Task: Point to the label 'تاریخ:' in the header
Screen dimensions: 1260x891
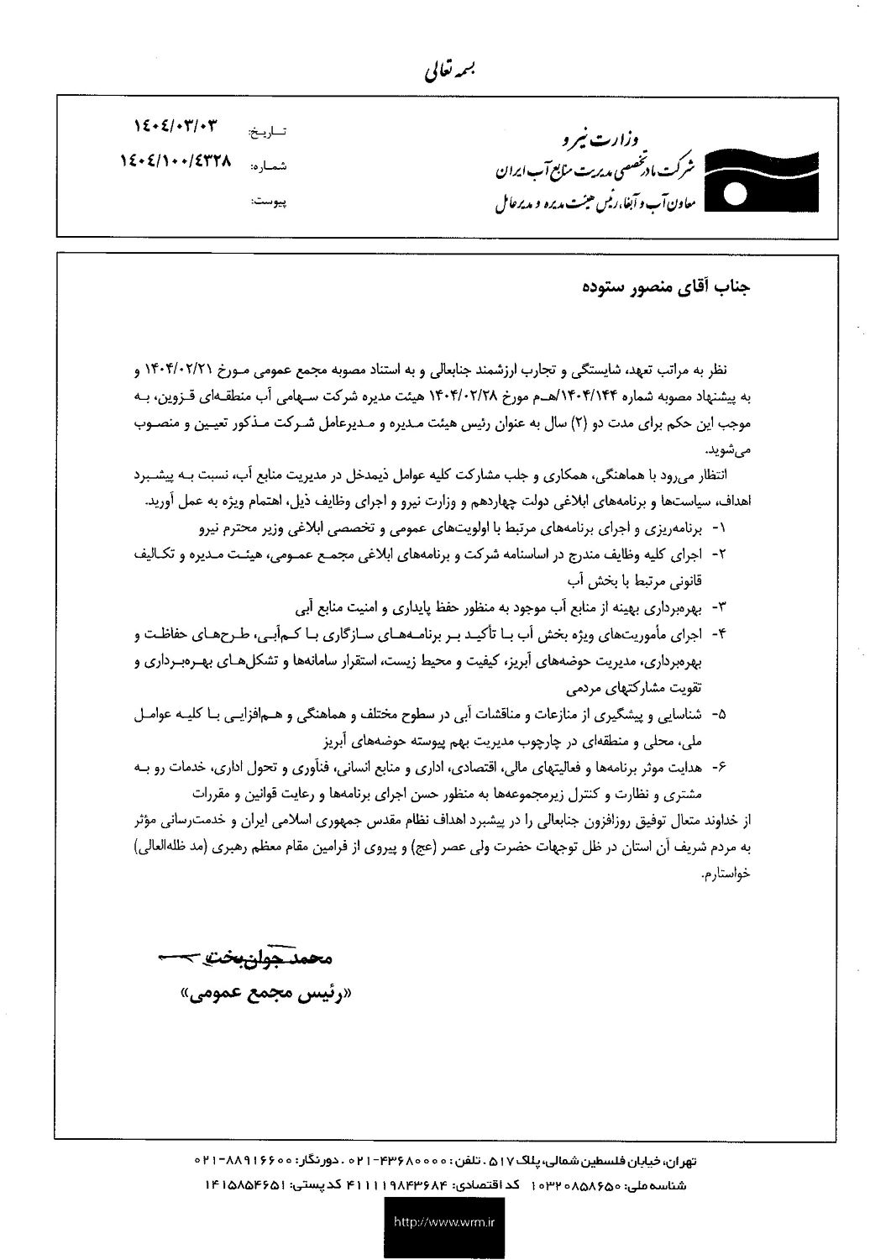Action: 270,133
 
